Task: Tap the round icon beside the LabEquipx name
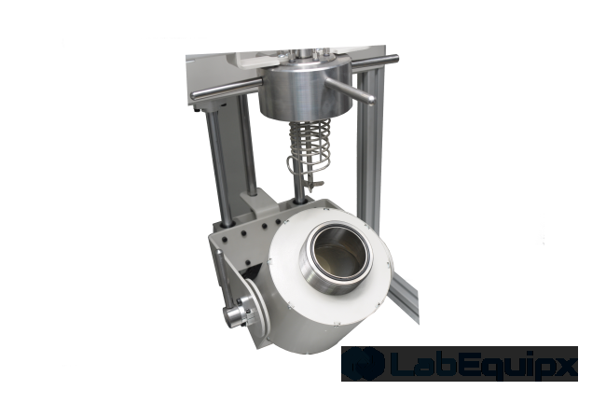coord(361,364)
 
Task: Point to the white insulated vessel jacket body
coord(308,289)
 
